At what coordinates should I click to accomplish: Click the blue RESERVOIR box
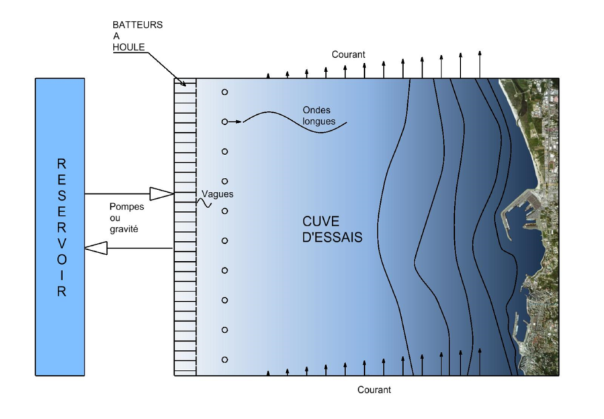pyautogui.click(x=60, y=226)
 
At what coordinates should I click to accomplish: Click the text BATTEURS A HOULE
pyautogui.click(x=137, y=36)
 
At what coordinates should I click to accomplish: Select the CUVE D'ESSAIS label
pyautogui.click(x=333, y=228)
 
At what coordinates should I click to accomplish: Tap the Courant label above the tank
pyautogui.click(x=348, y=54)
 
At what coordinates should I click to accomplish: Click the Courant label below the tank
pyautogui.click(x=374, y=389)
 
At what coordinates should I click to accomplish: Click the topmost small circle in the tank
pyautogui.click(x=224, y=92)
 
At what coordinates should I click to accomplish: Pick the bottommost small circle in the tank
pyautogui.click(x=224, y=359)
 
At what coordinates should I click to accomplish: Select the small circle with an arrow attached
pyautogui.click(x=224, y=122)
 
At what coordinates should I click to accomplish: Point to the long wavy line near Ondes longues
pyautogui.click(x=296, y=123)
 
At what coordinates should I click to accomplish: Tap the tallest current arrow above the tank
pyautogui.click(x=479, y=64)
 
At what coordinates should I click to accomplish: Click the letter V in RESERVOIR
pyautogui.click(x=61, y=242)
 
